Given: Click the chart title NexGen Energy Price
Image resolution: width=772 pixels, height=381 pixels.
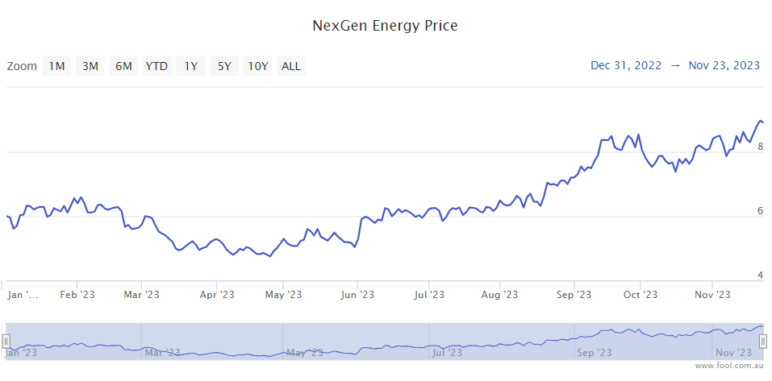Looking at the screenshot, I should click(x=385, y=26).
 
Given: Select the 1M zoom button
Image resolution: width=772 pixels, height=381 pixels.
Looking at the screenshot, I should click(x=56, y=66).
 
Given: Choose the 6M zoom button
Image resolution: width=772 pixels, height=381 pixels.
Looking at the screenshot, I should click(x=123, y=66).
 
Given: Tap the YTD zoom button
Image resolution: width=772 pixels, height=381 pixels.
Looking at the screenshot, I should click(x=156, y=66).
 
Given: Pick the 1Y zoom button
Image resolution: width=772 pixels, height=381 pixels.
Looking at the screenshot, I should click(x=190, y=66).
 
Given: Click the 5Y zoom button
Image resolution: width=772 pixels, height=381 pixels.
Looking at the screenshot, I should click(x=223, y=66).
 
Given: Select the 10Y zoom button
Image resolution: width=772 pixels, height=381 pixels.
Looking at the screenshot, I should click(x=258, y=66).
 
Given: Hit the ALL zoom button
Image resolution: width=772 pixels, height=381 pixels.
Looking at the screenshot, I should click(x=291, y=66).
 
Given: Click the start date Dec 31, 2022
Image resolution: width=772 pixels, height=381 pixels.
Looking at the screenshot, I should click(x=626, y=65).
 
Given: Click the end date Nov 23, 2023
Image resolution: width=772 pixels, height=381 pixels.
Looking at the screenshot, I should click(x=724, y=65).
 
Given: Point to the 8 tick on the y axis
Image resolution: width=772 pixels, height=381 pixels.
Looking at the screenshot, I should click(x=760, y=147).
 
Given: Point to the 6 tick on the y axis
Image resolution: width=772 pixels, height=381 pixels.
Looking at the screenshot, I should click(x=760, y=211).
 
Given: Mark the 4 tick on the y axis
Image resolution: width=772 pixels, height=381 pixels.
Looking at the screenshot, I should click(x=760, y=275).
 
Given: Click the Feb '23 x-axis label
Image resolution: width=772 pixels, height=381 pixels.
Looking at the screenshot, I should click(x=77, y=295).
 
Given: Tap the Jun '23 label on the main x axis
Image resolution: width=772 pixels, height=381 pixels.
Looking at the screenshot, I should click(x=357, y=295).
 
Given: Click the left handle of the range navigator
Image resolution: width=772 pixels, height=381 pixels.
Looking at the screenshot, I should click(x=6, y=342).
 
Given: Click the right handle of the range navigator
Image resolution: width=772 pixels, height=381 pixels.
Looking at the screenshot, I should click(x=762, y=342).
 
